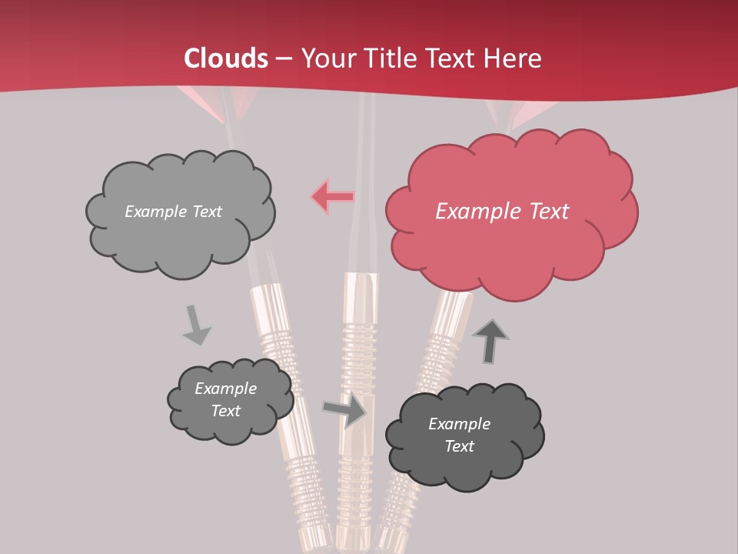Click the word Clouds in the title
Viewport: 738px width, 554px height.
click(226, 58)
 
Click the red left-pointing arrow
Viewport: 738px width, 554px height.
click(332, 197)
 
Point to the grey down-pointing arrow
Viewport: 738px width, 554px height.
click(196, 325)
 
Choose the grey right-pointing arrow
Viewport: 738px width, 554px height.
click(344, 410)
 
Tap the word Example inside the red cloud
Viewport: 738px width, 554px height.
click(471, 212)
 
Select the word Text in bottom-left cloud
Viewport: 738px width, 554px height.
click(225, 411)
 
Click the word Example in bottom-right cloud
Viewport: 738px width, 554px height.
click(459, 424)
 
